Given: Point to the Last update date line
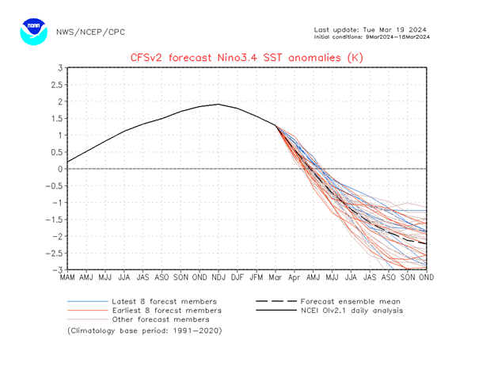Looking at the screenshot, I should pos(372,29).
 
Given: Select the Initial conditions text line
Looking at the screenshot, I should pos(372,36).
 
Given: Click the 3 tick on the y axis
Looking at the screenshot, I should pos(59,68).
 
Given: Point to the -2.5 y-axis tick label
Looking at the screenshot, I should pos(53,254).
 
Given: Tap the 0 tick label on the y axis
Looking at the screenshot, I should pos(59,169).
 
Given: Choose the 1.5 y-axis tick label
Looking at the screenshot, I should pos(56,119).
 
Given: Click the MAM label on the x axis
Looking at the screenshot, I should pos(68,277).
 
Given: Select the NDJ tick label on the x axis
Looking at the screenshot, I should pos(218,277).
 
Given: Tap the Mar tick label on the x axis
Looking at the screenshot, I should pos(275,277).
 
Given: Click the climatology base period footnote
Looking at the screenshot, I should pos(144,330).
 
